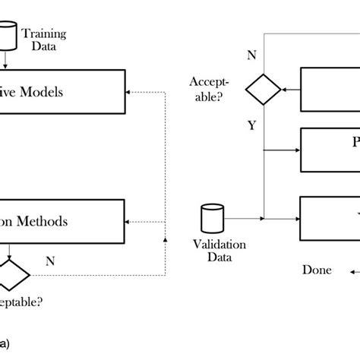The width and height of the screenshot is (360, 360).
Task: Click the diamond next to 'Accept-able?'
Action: (262, 89)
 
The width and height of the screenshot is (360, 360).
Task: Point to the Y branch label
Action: (251, 127)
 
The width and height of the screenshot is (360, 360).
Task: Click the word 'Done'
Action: (317, 270)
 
